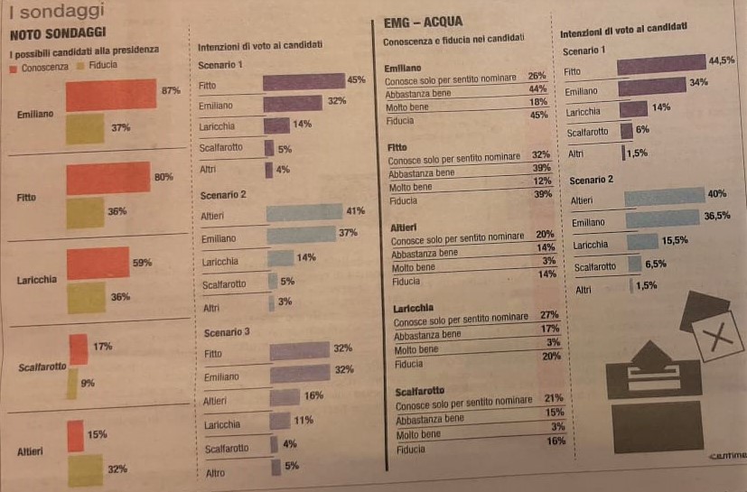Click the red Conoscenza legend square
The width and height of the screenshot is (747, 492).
[14, 68]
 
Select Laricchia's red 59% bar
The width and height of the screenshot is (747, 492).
[98, 263]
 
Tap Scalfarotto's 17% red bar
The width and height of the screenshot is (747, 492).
[78, 348]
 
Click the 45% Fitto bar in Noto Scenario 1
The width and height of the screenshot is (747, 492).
[303, 82]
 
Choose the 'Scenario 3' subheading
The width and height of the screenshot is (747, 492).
[226, 333]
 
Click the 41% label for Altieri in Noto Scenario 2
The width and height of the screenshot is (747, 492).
[355, 211]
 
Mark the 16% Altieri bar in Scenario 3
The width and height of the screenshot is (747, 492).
[284, 396]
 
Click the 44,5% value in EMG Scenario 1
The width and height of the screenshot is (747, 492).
[723, 60]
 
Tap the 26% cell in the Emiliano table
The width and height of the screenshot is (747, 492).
[537, 76]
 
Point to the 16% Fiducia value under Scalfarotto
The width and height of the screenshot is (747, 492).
[556, 441]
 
